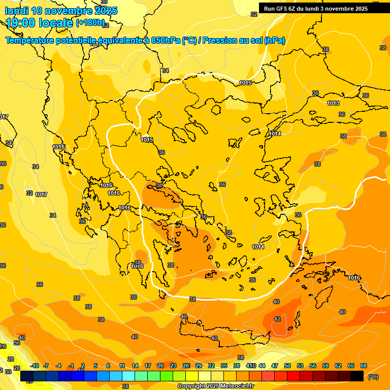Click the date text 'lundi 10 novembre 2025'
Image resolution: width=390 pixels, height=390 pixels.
(x=61, y=11)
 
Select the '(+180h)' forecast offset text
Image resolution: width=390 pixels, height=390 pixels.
(x=90, y=23)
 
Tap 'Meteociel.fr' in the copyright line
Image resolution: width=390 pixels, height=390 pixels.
(x=234, y=386)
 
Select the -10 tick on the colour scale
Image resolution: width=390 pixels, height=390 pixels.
(x=35, y=366)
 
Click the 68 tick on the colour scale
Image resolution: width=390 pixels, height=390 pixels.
(x=364, y=366)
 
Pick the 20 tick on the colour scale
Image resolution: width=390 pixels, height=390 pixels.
(x=160, y=366)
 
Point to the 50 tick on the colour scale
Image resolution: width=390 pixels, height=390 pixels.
(x=287, y=366)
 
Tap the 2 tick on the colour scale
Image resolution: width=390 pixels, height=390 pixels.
(x=83, y=366)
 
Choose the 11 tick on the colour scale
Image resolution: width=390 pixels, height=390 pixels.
(x=122, y=366)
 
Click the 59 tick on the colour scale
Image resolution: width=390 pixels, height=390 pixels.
(x=326, y=366)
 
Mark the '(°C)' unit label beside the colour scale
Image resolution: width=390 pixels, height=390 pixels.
(x=373, y=377)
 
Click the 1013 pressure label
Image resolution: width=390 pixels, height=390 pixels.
(x=333, y=104)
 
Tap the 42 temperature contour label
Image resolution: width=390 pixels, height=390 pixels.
(x=277, y=319)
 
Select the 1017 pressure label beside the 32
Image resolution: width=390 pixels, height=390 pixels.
(x=41, y=195)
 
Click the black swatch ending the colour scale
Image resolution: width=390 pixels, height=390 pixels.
(x=357, y=376)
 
